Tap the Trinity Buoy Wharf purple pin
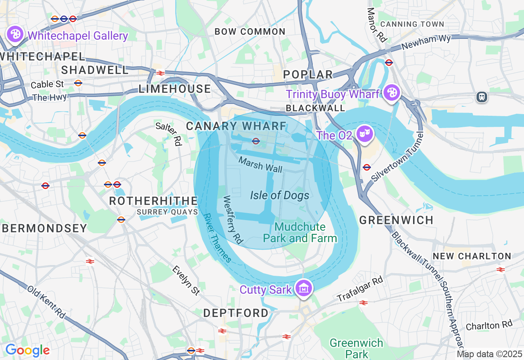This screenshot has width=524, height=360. coord(392,93)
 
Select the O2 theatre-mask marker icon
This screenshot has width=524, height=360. coord(363,134)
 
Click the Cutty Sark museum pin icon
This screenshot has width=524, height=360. coord(304,288)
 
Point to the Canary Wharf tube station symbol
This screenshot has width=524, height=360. coord(256,141)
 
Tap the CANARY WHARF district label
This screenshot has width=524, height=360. coord(236,126)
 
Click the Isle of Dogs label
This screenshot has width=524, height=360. coord(280,195)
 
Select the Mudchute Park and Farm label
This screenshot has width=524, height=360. coord(300,232)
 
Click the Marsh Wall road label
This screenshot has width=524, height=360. coord(260,164)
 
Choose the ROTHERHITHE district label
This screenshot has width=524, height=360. coord(154,201)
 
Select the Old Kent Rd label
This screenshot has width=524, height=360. coord(46,302)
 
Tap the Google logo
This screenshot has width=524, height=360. coord(27,350)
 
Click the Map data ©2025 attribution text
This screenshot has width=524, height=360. coord(489,354)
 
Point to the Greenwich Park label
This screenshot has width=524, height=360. coord(356,348)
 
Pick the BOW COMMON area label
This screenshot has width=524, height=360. coord(250,32)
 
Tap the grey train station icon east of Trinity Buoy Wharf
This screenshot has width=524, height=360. coord(482,97)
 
